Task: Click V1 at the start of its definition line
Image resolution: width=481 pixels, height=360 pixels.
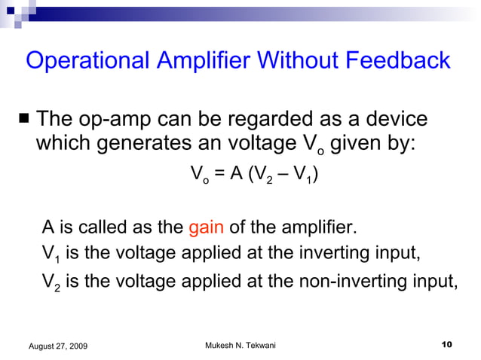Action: tap(50, 254)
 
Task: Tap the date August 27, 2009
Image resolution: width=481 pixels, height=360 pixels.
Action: tap(57, 345)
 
